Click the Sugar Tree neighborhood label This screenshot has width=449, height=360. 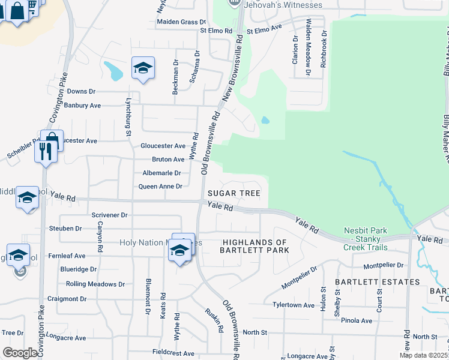(x=234, y=193)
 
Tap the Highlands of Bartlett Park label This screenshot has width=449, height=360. (x=256, y=246)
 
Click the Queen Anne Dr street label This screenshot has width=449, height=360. (x=160, y=187)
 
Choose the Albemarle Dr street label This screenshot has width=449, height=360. (x=161, y=173)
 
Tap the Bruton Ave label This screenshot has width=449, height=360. (x=168, y=160)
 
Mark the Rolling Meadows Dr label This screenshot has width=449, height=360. (x=95, y=284)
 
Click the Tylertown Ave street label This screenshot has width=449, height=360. (x=294, y=305)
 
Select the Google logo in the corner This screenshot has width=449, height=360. (x=20, y=353)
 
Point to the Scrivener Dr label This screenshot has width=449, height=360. (x=110, y=215)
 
